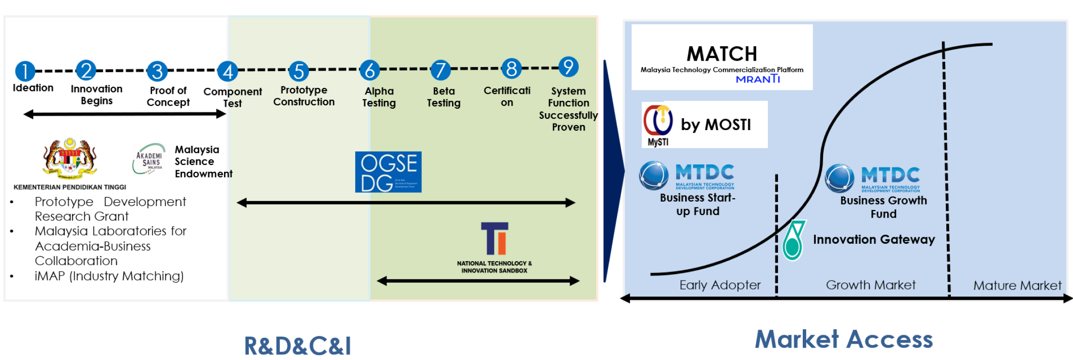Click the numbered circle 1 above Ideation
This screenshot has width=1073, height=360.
point(25,71)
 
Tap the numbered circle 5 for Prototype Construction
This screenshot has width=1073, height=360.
point(299,71)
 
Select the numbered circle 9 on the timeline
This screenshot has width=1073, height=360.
point(568,67)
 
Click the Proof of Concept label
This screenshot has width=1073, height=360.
point(168,96)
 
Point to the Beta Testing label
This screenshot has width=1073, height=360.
point(444,97)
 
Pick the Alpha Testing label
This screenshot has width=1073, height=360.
point(379,97)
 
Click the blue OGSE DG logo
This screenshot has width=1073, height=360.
point(388,172)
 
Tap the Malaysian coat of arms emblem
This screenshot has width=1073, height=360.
point(70,158)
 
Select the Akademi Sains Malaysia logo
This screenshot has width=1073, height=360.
point(149,159)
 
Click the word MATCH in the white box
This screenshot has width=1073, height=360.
point(722,54)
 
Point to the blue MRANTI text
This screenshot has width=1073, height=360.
point(758,79)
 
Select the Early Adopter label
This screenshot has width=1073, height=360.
point(720,285)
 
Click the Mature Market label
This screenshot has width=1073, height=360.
point(1017,286)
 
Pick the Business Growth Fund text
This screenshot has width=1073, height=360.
point(883,207)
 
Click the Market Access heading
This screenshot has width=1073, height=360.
point(843,340)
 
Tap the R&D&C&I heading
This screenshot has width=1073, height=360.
point(298,346)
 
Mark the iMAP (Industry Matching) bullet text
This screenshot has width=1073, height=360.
point(109,276)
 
